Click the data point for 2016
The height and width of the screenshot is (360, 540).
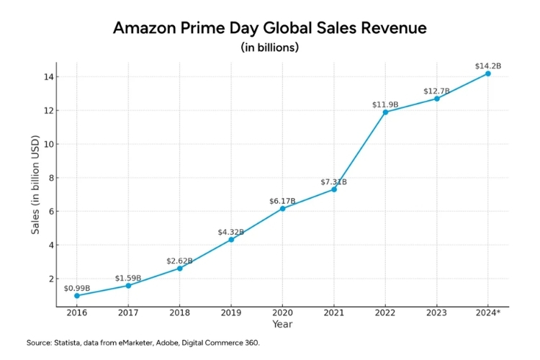coord(77,296)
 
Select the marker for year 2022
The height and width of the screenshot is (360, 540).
coord(385,112)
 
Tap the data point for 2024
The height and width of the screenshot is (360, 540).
coord(487,73)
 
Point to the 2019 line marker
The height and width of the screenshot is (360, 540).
coord(231,239)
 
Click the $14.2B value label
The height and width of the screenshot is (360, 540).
coord(487,66)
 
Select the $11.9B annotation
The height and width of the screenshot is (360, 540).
coord(385,104)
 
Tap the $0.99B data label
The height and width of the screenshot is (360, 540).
coord(77,288)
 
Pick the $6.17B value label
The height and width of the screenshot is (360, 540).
coord(282,201)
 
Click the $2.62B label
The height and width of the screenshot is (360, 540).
coord(179,261)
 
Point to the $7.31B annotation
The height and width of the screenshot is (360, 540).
coord(333,182)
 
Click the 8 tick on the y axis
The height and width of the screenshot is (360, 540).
coord(47,178)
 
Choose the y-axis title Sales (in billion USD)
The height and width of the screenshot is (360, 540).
coord(35,184)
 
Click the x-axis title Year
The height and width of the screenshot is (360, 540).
coord(282,325)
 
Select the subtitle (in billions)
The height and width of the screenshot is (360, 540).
coord(270,48)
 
